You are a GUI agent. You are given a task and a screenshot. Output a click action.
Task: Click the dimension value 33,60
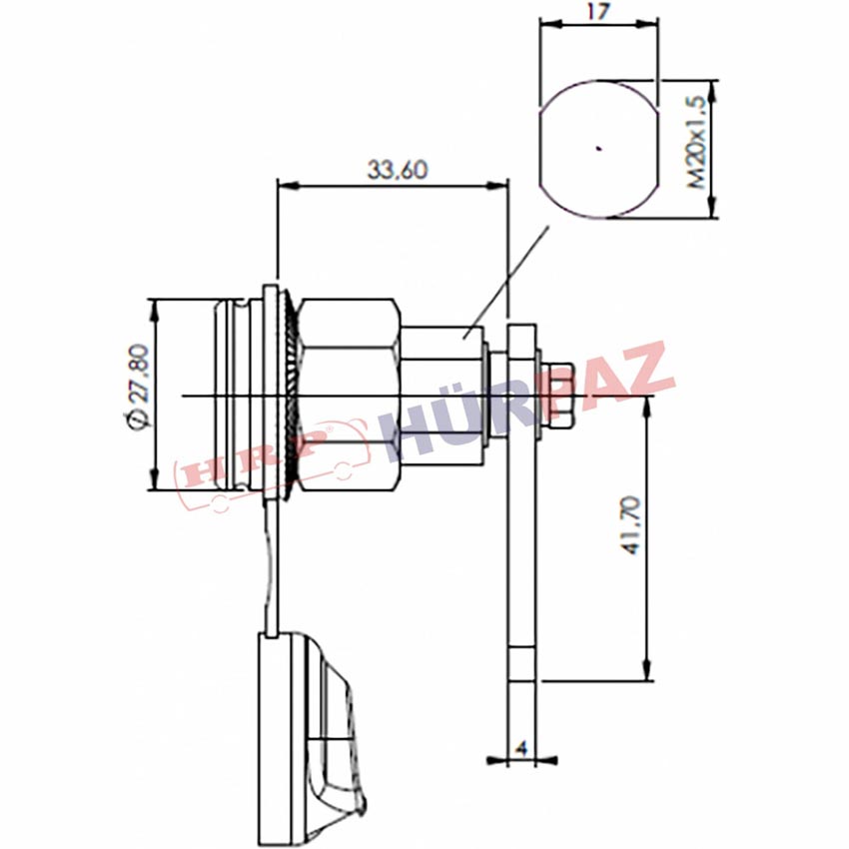(398, 170)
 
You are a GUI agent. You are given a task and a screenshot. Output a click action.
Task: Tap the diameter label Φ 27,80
(137, 387)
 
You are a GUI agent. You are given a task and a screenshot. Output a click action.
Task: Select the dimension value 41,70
(631, 525)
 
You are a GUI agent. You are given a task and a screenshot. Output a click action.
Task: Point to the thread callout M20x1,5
(696, 143)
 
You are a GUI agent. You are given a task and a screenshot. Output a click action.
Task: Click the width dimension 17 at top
(597, 11)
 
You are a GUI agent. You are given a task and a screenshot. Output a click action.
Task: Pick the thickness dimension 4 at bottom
(520, 749)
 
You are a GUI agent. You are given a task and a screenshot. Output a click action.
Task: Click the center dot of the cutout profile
(598, 148)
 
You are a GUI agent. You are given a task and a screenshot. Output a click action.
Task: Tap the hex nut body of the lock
(350, 396)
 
